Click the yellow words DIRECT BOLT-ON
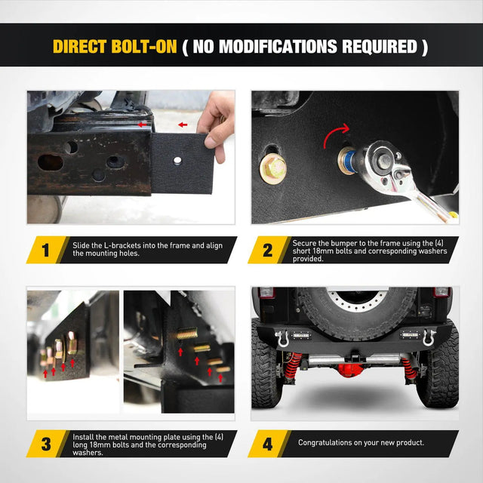115,47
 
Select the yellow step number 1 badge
46,250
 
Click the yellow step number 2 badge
267,250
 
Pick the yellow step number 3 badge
46,444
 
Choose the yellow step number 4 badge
267,444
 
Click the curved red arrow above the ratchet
335,134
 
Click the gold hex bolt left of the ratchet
273,168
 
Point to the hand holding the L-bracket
217,123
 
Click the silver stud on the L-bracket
177,160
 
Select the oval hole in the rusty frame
51,162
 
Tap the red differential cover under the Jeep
351,369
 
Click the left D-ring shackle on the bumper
281,338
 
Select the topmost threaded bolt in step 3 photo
186,334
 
